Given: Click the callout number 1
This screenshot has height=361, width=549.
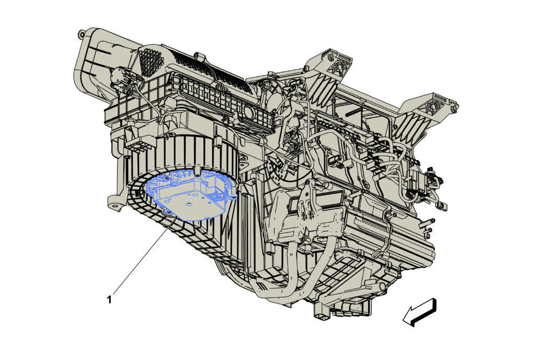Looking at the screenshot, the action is point(109,300).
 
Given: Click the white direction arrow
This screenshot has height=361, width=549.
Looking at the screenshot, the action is point(420,312).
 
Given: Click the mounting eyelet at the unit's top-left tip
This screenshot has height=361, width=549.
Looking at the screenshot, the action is point(81,35).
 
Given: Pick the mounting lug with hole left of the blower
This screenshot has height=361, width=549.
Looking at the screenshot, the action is point(115,204).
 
